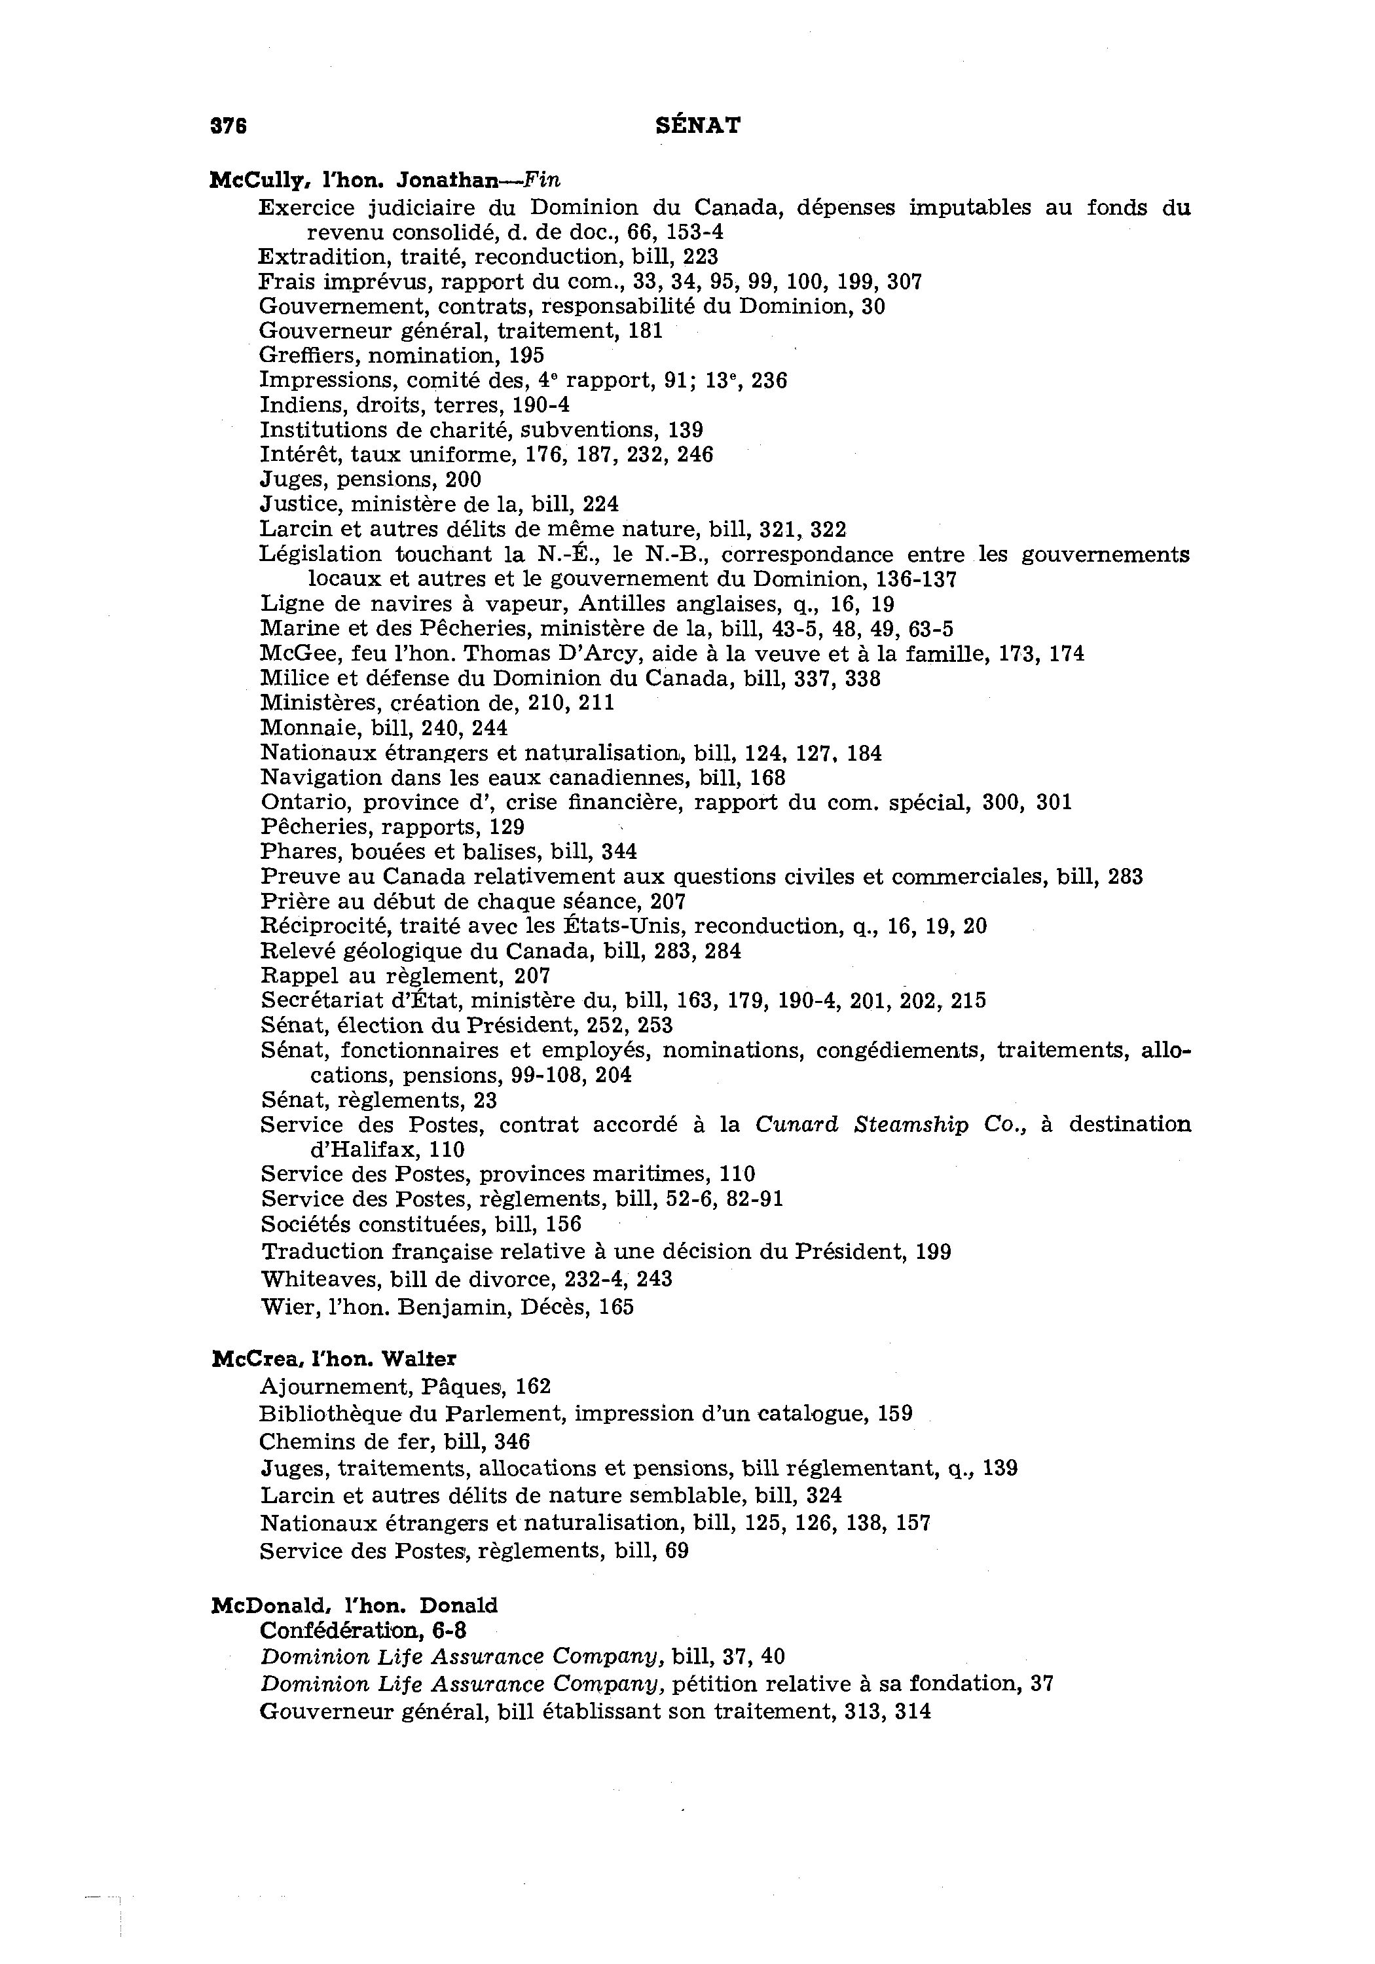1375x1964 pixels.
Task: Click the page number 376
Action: [229, 126]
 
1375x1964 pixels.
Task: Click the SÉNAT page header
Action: [697, 126]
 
